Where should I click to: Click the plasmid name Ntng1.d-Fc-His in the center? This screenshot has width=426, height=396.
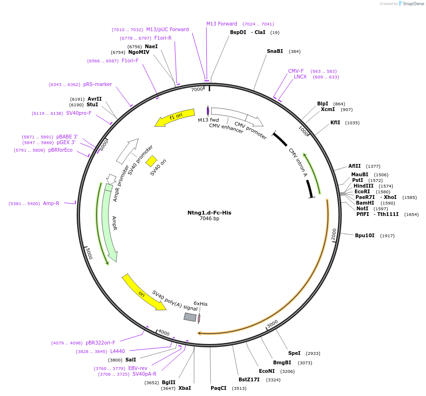click(x=209, y=213)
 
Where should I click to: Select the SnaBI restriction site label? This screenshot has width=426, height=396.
click(x=275, y=51)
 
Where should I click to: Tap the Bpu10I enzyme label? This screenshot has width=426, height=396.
click(x=364, y=235)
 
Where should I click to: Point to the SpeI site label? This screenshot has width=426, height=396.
click(x=294, y=353)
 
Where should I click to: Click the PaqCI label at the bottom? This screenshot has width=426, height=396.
click(x=219, y=388)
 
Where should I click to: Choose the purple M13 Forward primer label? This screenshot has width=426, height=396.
click(x=222, y=24)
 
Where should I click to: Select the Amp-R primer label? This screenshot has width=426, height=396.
click(x=51, y=204)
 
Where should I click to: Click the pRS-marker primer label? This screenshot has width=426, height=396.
click(x=98, y=85)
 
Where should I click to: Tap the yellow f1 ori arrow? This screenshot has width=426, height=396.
click(x=175, y=117)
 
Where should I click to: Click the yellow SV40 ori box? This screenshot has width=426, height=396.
click(x=151, y=161)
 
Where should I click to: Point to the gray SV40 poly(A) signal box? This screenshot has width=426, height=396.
click(x=190, y=317)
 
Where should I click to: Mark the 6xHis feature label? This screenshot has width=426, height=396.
click(x=201, y=304)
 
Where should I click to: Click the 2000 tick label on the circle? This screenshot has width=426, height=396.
click(x=333, y=233)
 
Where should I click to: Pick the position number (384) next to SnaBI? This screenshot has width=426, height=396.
click(x=295, y=52)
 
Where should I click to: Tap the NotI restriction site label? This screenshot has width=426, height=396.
click(x=362, y=208)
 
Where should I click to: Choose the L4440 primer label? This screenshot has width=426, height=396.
click(x=117, y=351)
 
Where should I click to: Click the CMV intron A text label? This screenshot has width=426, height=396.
click(x=298, y=163)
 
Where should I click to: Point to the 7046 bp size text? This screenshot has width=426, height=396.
click(x=209, y=219)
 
